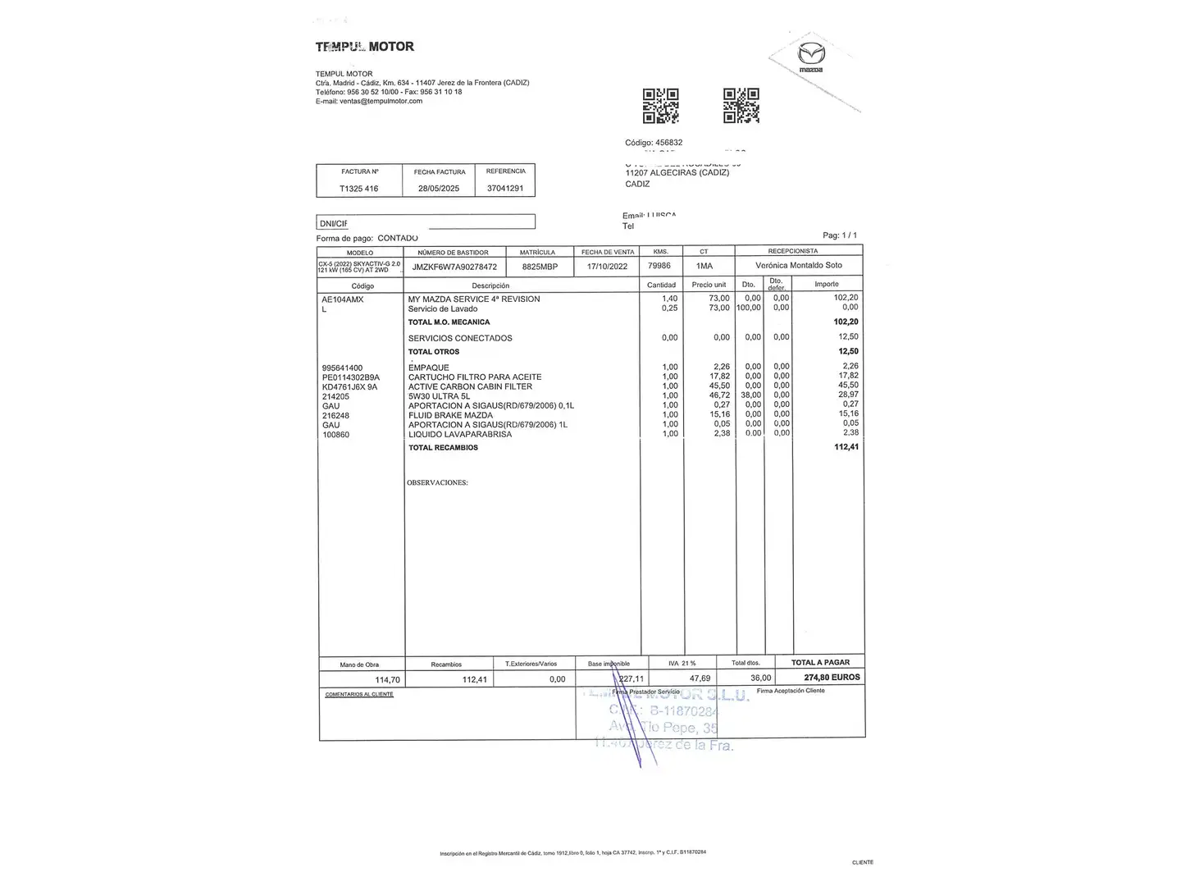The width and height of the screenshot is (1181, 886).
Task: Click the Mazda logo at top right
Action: pyautogui.click(x=811, y=58)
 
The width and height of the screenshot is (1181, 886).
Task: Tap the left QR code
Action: pyautogui.click(x=660, y=106)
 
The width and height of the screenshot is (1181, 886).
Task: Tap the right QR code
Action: pyautogui.click(x=741, y=106)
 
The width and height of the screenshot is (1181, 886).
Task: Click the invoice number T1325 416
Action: pyautogui.click(x=359, y=189)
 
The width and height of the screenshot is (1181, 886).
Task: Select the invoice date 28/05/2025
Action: pyautogui.click(x=439, y=189)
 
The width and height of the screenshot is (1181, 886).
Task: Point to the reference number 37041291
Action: pyautogui.click(x=505, y=188)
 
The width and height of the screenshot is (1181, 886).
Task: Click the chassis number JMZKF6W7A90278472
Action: pyautogui.click(x=454, y=267)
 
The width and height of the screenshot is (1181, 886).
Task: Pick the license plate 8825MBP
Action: pyautogui.click(x=540, y=267)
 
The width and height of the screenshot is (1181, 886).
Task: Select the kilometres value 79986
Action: pyautogui.click(x=659, y=266)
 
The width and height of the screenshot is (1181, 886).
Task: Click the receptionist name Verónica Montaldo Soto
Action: pyautogui.click(x=798, y=266)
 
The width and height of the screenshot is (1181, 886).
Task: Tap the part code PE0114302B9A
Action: pyautogui.click(x=351, y=377)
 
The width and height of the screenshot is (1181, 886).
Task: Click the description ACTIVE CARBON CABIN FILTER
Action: pyautogui.click(x=470, y=386)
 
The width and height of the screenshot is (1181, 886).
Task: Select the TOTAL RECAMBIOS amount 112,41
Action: pyautogui.click(x=846, y=447)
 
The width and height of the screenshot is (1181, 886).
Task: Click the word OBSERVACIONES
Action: pyautogui.click(x=437, y=482)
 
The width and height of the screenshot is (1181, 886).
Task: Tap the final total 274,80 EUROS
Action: pyautogui.click(x=832, y=678)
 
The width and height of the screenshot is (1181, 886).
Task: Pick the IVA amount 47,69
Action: pyautogui.click(x=700, y=678)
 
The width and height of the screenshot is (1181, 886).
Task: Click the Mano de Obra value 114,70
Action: pyautogui.click(x=387, y=679)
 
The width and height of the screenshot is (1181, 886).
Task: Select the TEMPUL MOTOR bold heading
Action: pyautogui.click(x=365, y=47)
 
